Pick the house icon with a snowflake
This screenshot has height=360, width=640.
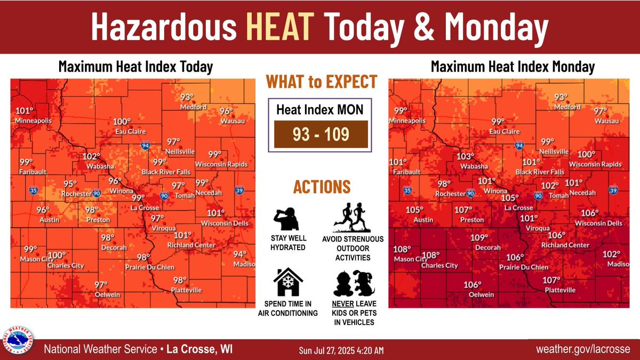click(x=287, y=282)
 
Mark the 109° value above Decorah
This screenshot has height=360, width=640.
click(x=479, y=238)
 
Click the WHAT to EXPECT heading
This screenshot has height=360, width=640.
click(x=322, y=83)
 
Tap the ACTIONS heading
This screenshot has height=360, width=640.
click(x=321, y=187)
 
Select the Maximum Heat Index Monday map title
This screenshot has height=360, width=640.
click(x=513, y=67)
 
